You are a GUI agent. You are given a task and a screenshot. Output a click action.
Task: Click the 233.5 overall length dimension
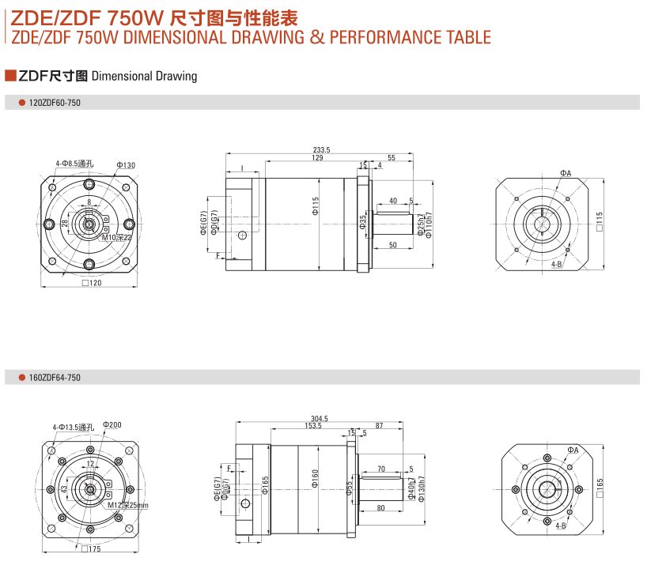click(x=321, y=149)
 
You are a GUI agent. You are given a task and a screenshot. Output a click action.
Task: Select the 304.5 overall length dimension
click(x=320, y=419)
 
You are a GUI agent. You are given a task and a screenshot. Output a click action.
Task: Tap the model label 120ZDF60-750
click(x=55, y=103)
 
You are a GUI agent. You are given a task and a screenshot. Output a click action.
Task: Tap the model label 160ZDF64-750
click(x=55, y=378)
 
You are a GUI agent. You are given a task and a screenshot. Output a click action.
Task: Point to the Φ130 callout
click(x=126, y=164)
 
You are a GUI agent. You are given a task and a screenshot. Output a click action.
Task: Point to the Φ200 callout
click(x=112, y=425)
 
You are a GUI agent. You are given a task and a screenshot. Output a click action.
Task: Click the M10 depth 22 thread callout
click(x=116, y=236)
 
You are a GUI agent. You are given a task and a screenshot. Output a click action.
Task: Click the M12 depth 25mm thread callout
click(x=127, y=504)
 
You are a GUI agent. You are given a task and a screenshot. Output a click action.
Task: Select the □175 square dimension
click(x=91, y=548)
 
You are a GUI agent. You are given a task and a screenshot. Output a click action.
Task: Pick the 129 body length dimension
click(x=317, y=158)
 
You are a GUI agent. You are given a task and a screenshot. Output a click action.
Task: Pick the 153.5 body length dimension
click(x=312, y=427)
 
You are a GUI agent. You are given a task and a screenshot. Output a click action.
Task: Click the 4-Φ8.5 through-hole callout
click(x=74, y=164)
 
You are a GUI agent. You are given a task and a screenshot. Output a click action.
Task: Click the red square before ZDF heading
click(x=10, y=76)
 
